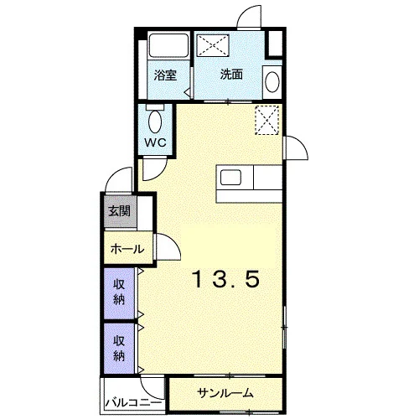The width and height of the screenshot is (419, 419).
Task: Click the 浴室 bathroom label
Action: point(165,75)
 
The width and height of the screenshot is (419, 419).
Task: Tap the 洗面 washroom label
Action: point(231,75)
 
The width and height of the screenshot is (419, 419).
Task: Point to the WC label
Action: point(155,142)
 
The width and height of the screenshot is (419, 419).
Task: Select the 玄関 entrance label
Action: point(120,211)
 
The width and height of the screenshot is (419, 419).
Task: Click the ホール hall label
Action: point(127,248)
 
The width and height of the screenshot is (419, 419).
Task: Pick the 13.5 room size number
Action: point(226,279)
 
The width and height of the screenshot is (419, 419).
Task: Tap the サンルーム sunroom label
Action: point(225,393)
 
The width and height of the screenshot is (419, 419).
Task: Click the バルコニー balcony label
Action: point(133,402)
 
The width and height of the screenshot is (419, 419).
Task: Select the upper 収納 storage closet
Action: point(119,293)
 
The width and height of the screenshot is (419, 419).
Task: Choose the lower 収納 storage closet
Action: point(119,349)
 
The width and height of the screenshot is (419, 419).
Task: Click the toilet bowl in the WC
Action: point(155,122)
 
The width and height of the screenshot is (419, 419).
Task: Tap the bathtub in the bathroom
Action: point(168,45)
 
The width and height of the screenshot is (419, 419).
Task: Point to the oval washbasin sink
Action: point(272,82)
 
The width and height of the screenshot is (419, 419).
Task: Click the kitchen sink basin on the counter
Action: point(231,178)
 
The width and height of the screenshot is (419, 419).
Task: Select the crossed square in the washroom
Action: point(213,44)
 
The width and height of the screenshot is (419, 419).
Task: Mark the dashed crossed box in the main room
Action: point(267,121)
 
